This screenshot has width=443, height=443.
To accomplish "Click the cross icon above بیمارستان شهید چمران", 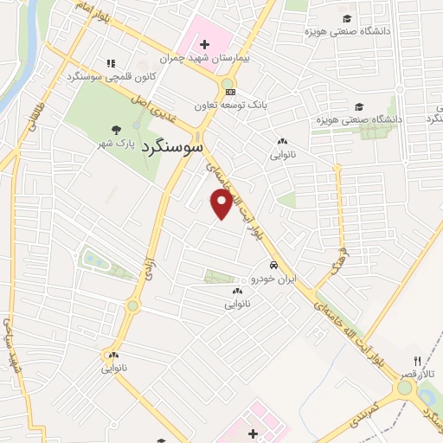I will (x=204, y=44).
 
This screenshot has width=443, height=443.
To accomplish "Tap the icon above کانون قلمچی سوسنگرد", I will (x=110, y=63).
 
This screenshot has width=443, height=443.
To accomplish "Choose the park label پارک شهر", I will (x=116, y=143).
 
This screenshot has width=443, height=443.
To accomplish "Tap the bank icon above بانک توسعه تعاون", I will (x=229, y=92).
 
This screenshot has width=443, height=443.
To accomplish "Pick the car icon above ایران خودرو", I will (x=273, y=266).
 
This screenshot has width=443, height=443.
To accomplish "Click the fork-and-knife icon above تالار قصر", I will (x=416, y=361).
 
